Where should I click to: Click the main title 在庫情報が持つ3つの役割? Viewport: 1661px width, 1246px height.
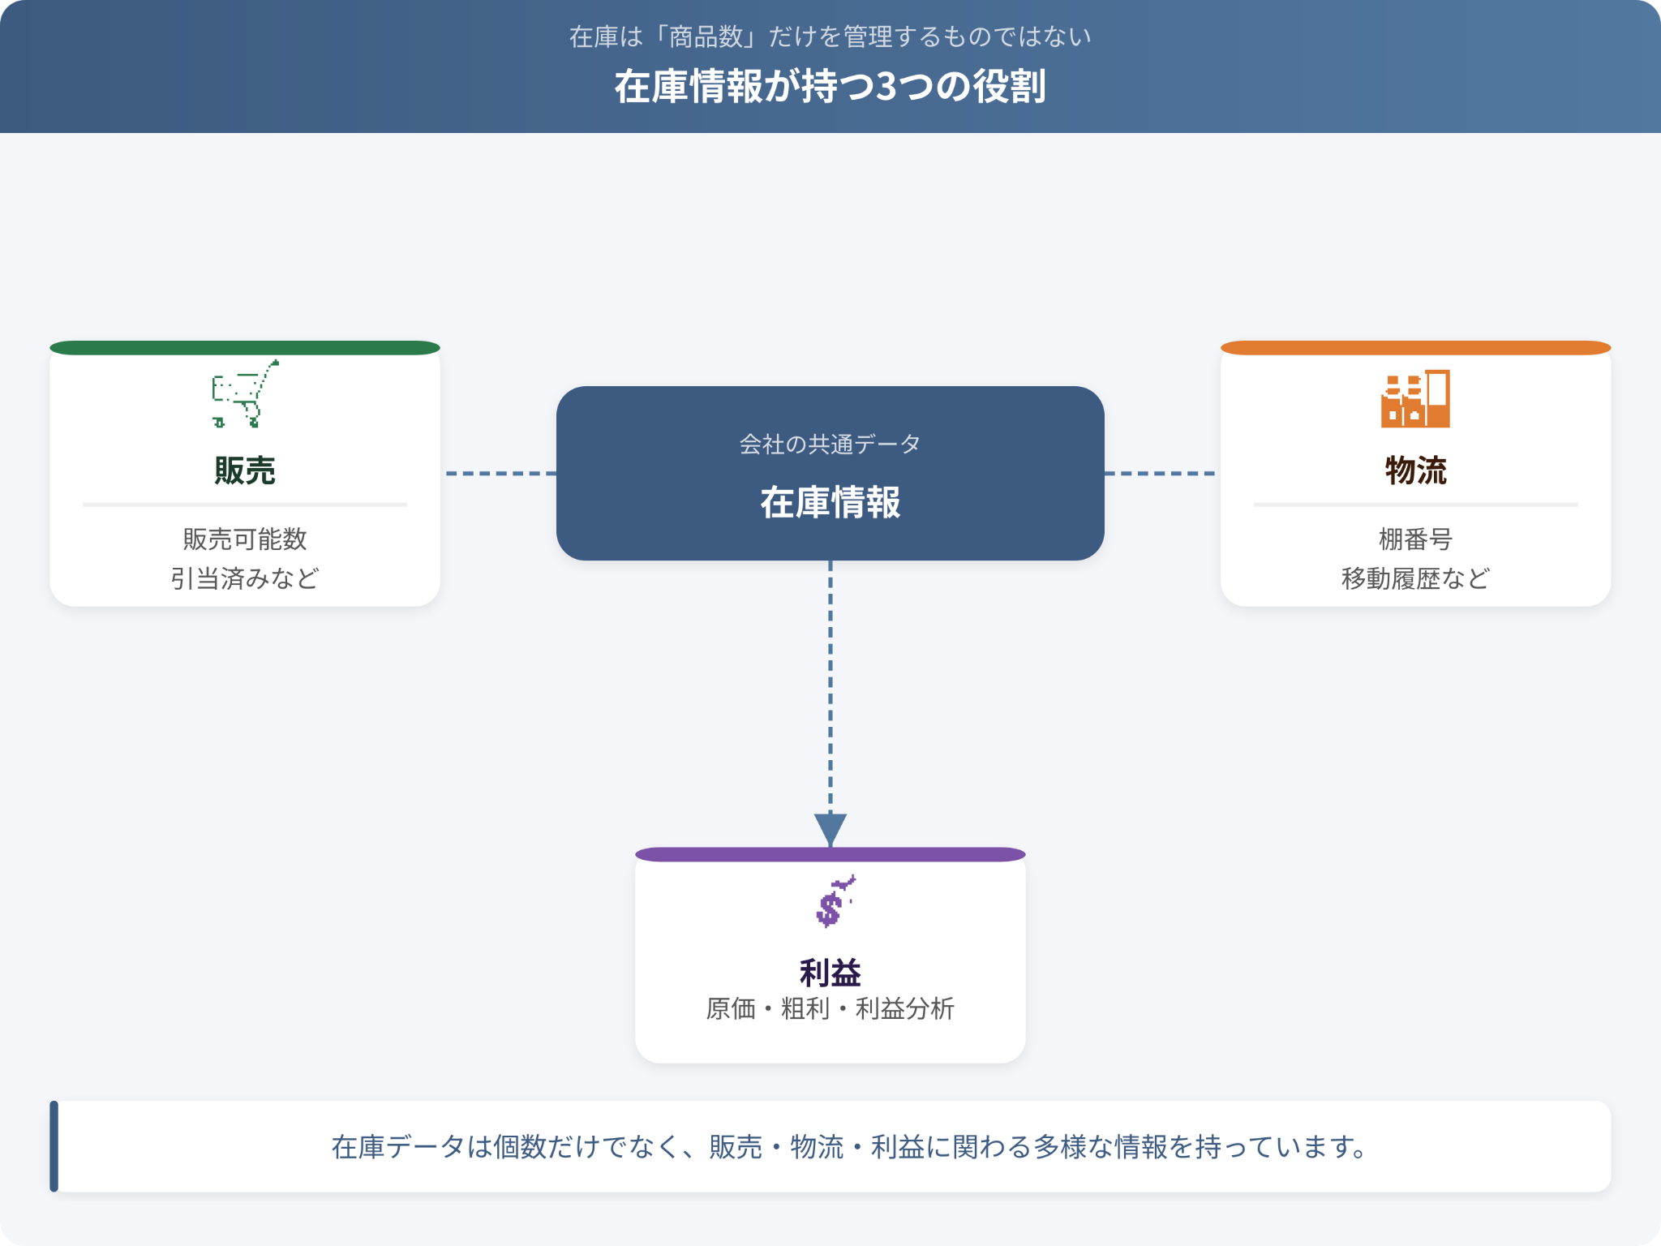(830, 86)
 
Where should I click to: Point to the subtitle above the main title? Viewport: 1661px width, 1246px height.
(830, 37)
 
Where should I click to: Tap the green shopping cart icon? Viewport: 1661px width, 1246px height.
(246, 393)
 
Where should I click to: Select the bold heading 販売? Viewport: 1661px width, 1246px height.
(245, 470)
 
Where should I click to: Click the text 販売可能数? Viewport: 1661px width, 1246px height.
(245, 539)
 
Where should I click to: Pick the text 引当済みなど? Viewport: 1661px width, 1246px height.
(245, 578)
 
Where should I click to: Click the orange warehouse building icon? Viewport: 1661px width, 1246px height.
(1415, 398)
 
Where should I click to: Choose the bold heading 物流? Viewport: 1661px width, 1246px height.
(1415, 470)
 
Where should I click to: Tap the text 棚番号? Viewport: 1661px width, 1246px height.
(1415, 539)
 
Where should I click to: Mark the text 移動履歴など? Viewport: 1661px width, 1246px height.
(1415, 578)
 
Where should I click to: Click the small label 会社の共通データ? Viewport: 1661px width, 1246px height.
(830, 444)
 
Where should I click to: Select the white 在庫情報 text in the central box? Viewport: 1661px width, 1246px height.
(830, 502)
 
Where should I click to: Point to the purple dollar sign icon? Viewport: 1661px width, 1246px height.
(835, 901)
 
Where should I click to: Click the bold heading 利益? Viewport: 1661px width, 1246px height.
(830, 972)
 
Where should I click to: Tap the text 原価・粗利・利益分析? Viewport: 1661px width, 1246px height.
(830, 1009)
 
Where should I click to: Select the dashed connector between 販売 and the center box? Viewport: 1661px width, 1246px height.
(501, 473)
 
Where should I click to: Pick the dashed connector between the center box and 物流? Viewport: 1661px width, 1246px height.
(1160, 473)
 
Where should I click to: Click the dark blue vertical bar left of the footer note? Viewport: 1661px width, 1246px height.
(54, 1146)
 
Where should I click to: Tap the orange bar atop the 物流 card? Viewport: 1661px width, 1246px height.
(1415, 348)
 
